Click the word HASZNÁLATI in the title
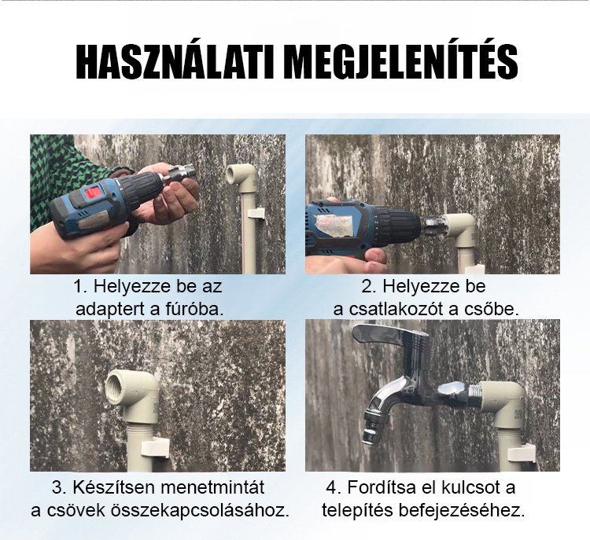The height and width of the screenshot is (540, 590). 175,61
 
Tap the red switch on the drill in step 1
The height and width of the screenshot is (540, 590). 93,193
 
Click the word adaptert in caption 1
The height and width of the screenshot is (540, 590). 110,310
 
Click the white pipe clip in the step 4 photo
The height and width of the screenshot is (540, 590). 522,453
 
